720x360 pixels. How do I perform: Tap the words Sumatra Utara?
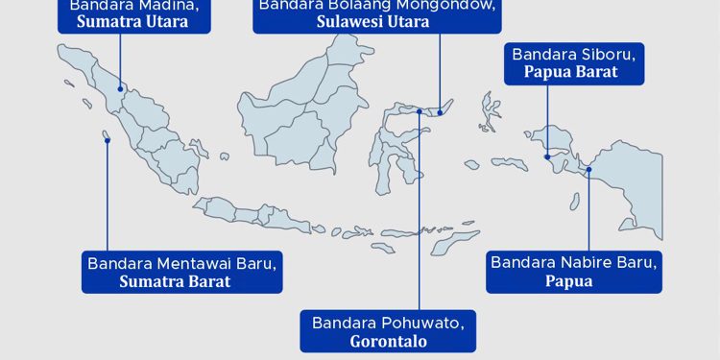tap(133, 22)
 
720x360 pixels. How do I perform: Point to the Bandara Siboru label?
tap(564, 54)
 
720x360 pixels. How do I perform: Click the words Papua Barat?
tap(564, 71)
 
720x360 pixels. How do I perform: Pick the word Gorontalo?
tap(388, 341)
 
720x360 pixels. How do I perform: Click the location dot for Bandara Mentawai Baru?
tap(108, 140)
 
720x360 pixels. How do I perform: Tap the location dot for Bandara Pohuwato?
tap(420, 111)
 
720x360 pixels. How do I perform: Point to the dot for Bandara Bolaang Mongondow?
tap(440, 111)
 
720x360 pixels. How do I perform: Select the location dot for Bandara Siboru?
tap(545, 156)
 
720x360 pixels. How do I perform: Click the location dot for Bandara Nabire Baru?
tap(589, 170)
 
